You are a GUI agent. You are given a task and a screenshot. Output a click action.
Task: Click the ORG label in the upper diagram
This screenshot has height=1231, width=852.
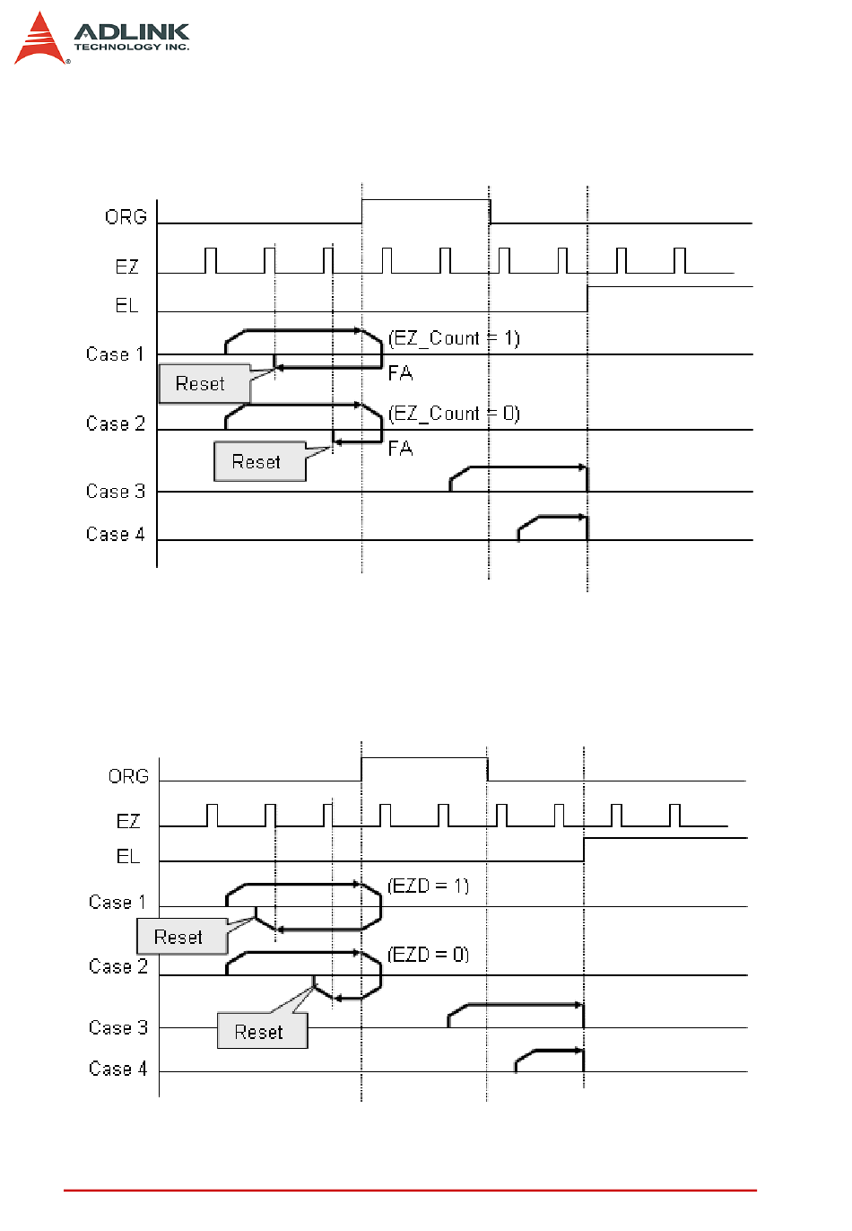[x=126, y=217]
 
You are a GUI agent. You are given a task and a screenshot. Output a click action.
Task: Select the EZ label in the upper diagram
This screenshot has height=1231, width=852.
[x=127, y=266]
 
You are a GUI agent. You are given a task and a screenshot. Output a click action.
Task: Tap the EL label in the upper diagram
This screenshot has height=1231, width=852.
[x=126, y=306]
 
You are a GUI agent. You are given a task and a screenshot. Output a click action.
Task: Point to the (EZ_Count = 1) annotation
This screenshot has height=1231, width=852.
[x=455, y=338]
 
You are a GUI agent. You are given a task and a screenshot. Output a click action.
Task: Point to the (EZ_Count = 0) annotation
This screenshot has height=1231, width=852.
[x=455, y=414]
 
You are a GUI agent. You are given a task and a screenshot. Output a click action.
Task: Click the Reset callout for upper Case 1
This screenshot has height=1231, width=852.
[x=201, y=384]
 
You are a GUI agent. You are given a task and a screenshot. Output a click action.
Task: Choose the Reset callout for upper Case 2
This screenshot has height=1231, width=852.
[x=257, y=462]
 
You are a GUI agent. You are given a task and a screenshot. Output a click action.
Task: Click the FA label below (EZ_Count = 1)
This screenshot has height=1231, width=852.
[x=400, y=372]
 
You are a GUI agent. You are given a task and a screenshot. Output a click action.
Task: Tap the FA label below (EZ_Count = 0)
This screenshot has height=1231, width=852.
[x=400, y=448]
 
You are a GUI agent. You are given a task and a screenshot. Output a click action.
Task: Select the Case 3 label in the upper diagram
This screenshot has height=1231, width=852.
[x=116, y=492]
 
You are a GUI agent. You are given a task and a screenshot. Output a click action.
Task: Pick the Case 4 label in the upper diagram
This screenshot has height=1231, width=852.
[x=116, y=535]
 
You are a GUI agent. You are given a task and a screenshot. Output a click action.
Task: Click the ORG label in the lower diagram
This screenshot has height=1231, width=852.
[x=128, y=776]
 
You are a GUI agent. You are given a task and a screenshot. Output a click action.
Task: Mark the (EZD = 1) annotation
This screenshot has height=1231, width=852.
[x=429, y=886]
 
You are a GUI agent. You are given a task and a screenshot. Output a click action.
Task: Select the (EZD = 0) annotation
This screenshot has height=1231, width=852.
[x=429, y=955]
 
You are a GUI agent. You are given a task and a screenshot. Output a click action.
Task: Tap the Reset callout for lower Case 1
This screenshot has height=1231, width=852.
[x=179, y=938]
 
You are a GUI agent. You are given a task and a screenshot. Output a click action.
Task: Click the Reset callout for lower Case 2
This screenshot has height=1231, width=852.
[x=260, y=1032]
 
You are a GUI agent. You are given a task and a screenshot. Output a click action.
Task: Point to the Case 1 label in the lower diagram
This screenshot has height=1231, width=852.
[x=117, y=903]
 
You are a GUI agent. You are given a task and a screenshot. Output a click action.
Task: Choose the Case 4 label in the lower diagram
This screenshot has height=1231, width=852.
[x=117, y=1069]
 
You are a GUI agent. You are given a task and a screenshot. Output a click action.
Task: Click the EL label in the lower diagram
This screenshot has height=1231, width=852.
[x=128, y=857]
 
